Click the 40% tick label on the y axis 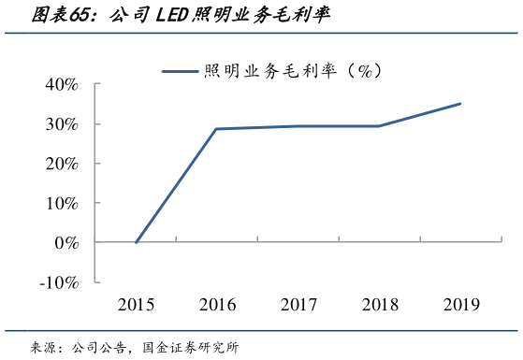tap(61, 84)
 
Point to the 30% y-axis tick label tap(61, 124)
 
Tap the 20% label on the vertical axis tap(61, 164)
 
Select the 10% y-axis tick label tap(61, 203)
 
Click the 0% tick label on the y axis tap(65, 242)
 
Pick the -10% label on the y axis tap(58, 281)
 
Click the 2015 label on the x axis tap(137, 304)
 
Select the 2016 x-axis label tap(217, 304)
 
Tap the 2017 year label tap(298, 304)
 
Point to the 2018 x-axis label tap(379, 304)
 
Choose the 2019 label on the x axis tap(459, 304)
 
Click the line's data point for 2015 tap(137, 242)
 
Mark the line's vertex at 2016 tap(217, 129)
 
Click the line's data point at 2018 tap(379, 126)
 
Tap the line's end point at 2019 tap(459, 104)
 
